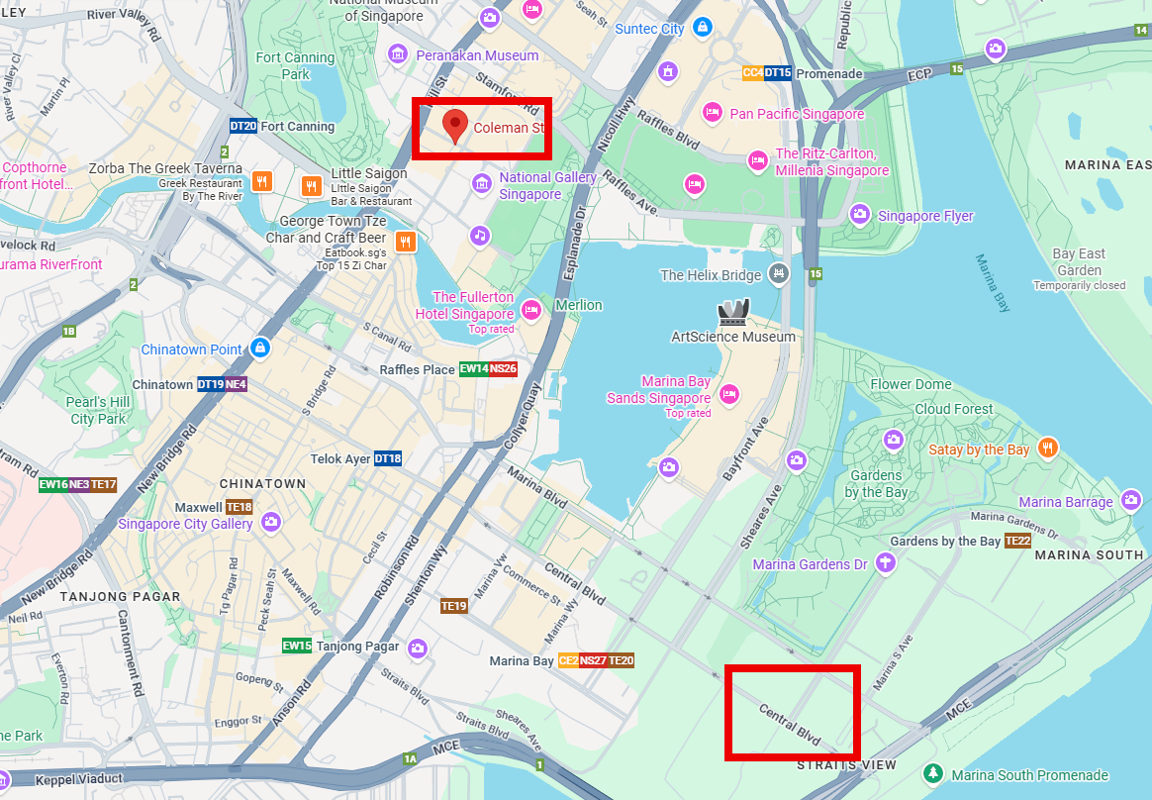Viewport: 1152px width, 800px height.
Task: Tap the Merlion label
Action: pyautogui.click(x=578, y=305)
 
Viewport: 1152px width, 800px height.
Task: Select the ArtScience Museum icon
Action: pyautogui.click(x=733, y=313)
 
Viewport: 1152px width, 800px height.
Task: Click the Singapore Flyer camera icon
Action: pyautogui.click(x=859, y=215)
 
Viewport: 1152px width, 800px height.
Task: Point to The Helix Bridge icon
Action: pyautogui.click(x=780, y=274)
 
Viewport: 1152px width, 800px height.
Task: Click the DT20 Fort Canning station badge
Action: pyautogui.click(x=242, y=127)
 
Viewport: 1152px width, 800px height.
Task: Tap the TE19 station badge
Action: pyautogui.click(x=454, y=606)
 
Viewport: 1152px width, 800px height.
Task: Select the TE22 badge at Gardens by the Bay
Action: pyautogui.click(x=1018, y=542)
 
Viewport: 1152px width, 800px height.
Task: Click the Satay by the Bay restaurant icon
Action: pyautogui.click(x=1048, y=449)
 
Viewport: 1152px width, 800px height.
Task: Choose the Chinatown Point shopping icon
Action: pyautogui.click(x=259, y=348)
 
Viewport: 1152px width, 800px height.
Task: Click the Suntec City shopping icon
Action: pyautogui.click(x=702, y=27)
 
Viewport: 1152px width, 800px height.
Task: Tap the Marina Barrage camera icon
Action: pyautogui.click(x=1132, y=501)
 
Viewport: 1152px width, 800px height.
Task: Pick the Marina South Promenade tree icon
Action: pyautogui.click(x=931, y=773)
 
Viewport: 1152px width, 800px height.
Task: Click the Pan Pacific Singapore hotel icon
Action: pyautogui.click(x=711, y=113)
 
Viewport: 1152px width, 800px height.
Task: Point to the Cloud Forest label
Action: pyautogui.click(x=953, y=409)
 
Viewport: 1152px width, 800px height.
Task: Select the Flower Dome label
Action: pyautogui.click(x=911, y=384)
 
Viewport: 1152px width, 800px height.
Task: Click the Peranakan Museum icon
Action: pyautogui.click(x=398, y=53)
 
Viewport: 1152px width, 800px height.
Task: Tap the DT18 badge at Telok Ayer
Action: pyautogui.click(x=388, y=458)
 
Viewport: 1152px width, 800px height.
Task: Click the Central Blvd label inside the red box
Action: pyautogui.click(x=790, y=724)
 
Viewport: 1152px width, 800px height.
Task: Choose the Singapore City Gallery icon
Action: pyautogui.click(x=270, y=522)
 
